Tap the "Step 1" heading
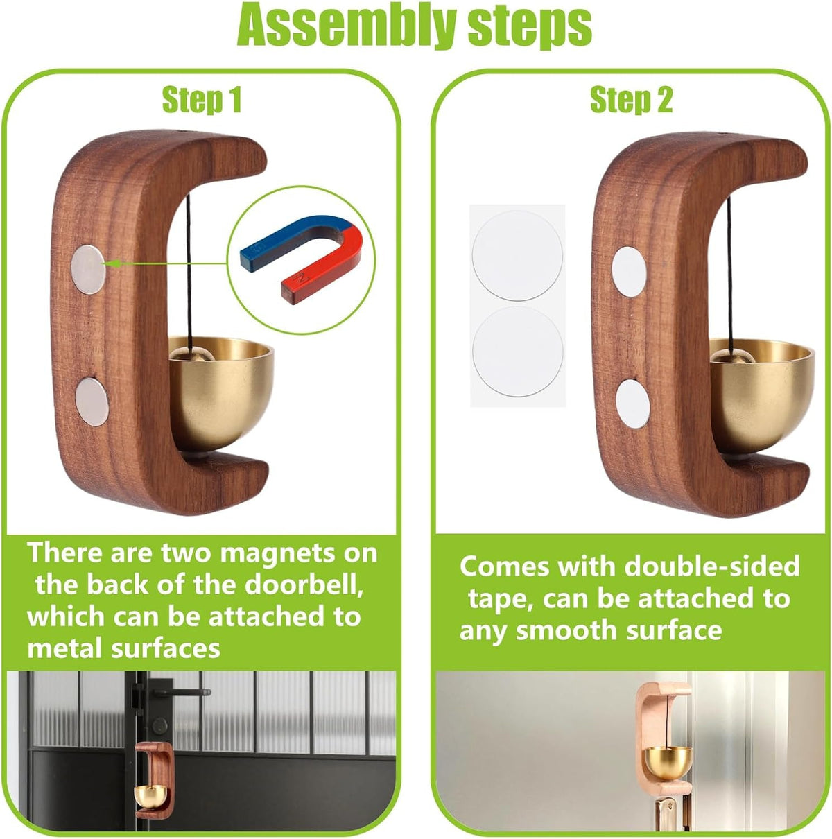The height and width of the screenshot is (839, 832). (x=201, y=101)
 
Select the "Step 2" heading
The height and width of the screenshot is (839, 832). (x=631, y=101)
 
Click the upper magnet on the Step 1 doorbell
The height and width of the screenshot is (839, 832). (x=88, y=270)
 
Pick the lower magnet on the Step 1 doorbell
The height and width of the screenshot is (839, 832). (x=92, y=401)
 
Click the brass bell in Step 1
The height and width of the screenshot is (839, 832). (x=220, y=392)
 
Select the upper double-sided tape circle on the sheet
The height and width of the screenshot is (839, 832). (x=517, y=256)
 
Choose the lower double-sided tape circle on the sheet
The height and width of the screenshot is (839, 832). (x=517, y=352)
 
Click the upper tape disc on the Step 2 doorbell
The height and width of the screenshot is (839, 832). (x=629, y=272)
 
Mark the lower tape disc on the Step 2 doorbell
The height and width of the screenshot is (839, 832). (x=632, y=403)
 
